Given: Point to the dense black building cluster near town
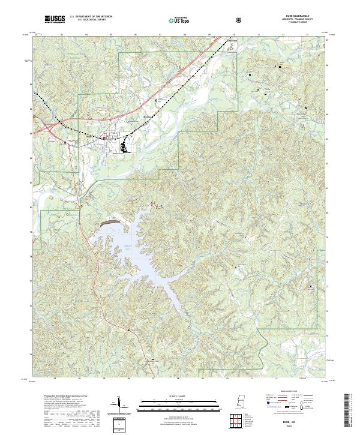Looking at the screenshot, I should coord(124,145).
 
